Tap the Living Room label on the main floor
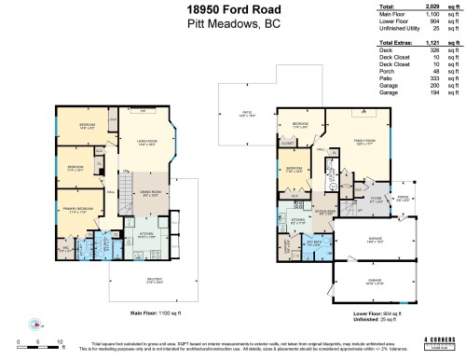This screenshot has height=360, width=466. (x=144, y=142)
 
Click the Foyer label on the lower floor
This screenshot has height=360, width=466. (x=376, y=198)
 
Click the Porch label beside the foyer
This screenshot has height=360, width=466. (x=403, y=197)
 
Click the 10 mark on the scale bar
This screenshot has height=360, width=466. (x=61, y=342)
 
